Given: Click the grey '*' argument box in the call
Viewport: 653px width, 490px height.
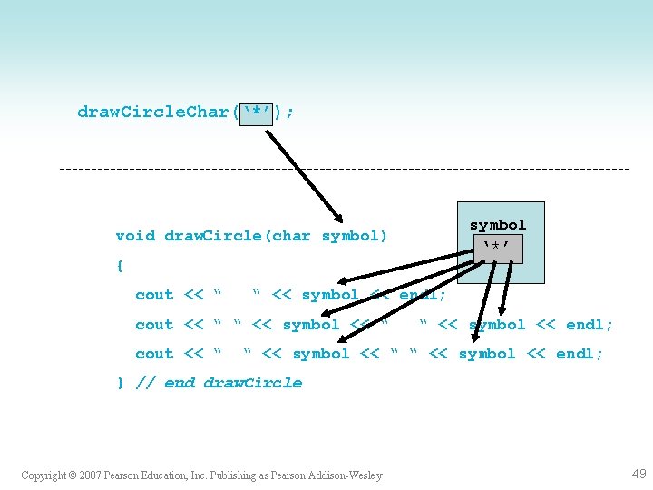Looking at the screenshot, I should coord(258,113).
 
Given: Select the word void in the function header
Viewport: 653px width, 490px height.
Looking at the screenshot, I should coord(135,236).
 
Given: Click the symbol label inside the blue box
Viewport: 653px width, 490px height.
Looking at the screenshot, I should coord(497,225).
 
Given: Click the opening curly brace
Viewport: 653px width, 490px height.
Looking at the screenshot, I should coord(120,266).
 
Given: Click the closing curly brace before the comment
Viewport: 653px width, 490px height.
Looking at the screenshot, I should coord(120,383).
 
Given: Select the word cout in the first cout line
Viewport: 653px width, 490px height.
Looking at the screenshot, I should coord(154,295).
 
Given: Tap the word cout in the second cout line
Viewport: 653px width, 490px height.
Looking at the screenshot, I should coord(154,325).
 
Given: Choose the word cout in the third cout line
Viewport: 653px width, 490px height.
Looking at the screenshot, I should coord(154,354).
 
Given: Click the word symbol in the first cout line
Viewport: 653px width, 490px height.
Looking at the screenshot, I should coord(330,295).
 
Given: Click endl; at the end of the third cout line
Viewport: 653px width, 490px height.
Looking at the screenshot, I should coord(580,354).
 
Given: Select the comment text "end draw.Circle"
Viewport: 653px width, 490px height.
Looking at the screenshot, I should coord(233,383).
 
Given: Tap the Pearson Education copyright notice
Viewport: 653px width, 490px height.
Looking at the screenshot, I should coord(201,475).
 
